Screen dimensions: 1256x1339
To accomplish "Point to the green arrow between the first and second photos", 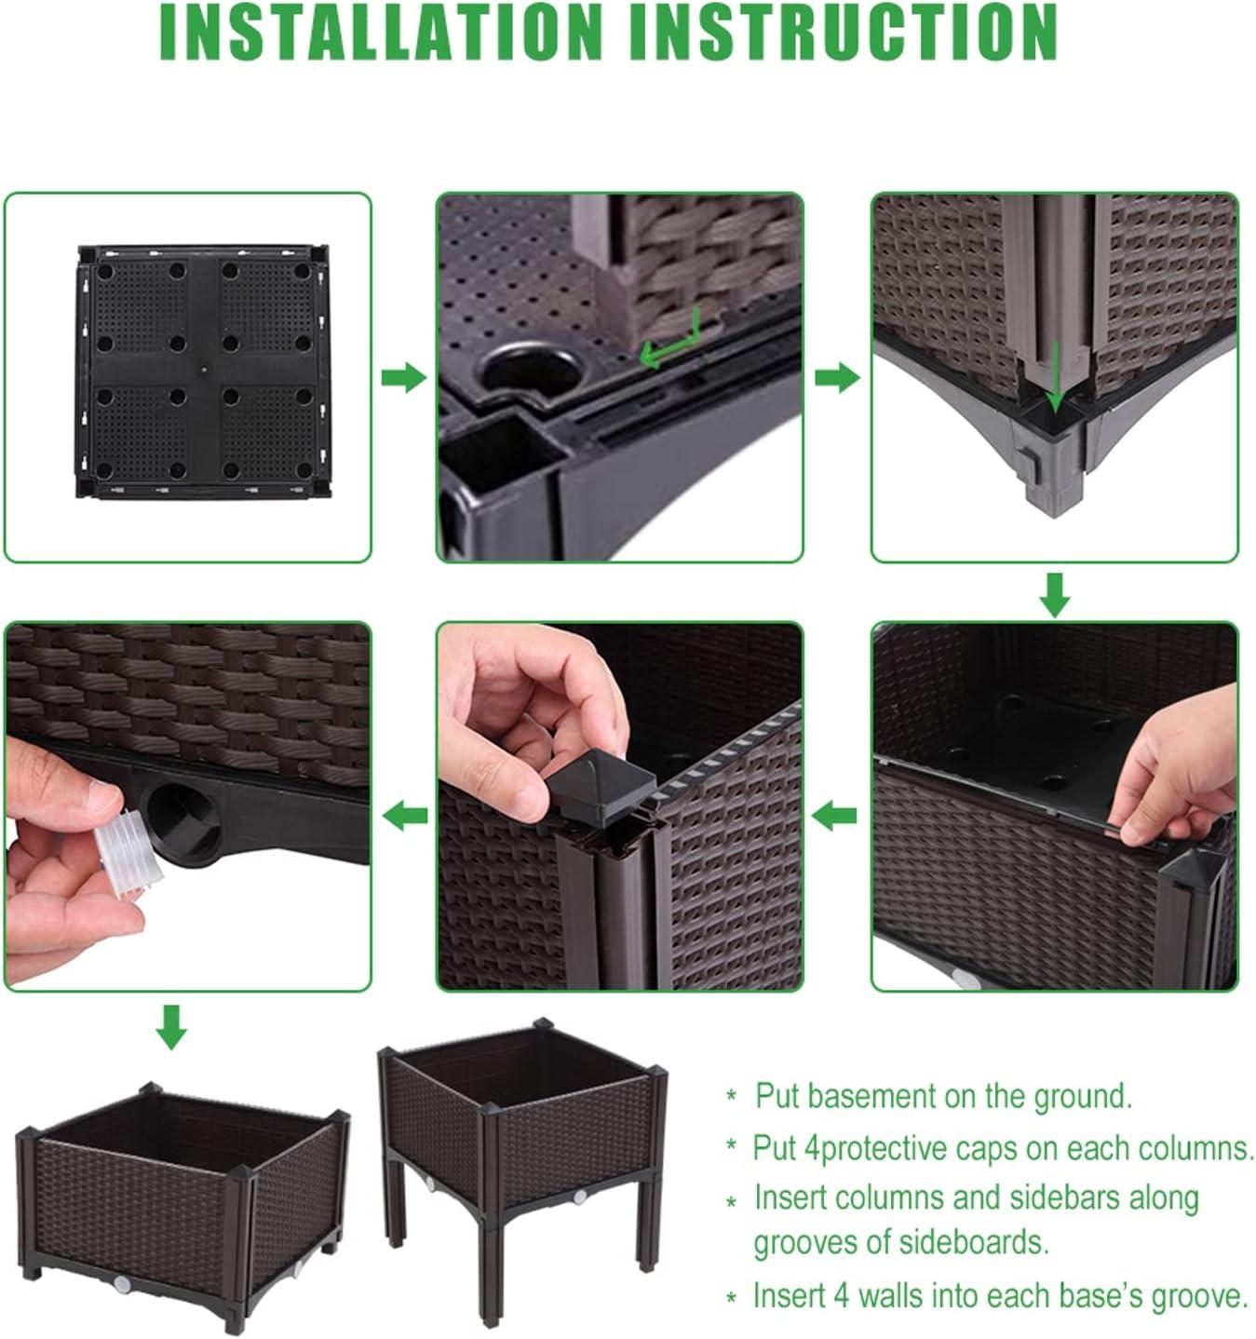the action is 404,377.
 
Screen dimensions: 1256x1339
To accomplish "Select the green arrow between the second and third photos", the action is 837,377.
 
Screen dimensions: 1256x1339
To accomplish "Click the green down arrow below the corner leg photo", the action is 1055,595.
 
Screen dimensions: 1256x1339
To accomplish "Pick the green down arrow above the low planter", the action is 172,1027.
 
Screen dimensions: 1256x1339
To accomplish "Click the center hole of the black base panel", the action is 202,369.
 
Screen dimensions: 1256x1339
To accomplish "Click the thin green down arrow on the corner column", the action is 1056,376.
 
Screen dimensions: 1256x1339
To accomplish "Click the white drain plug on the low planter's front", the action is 122,1282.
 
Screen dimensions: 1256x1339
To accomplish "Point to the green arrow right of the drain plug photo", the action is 404,817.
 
